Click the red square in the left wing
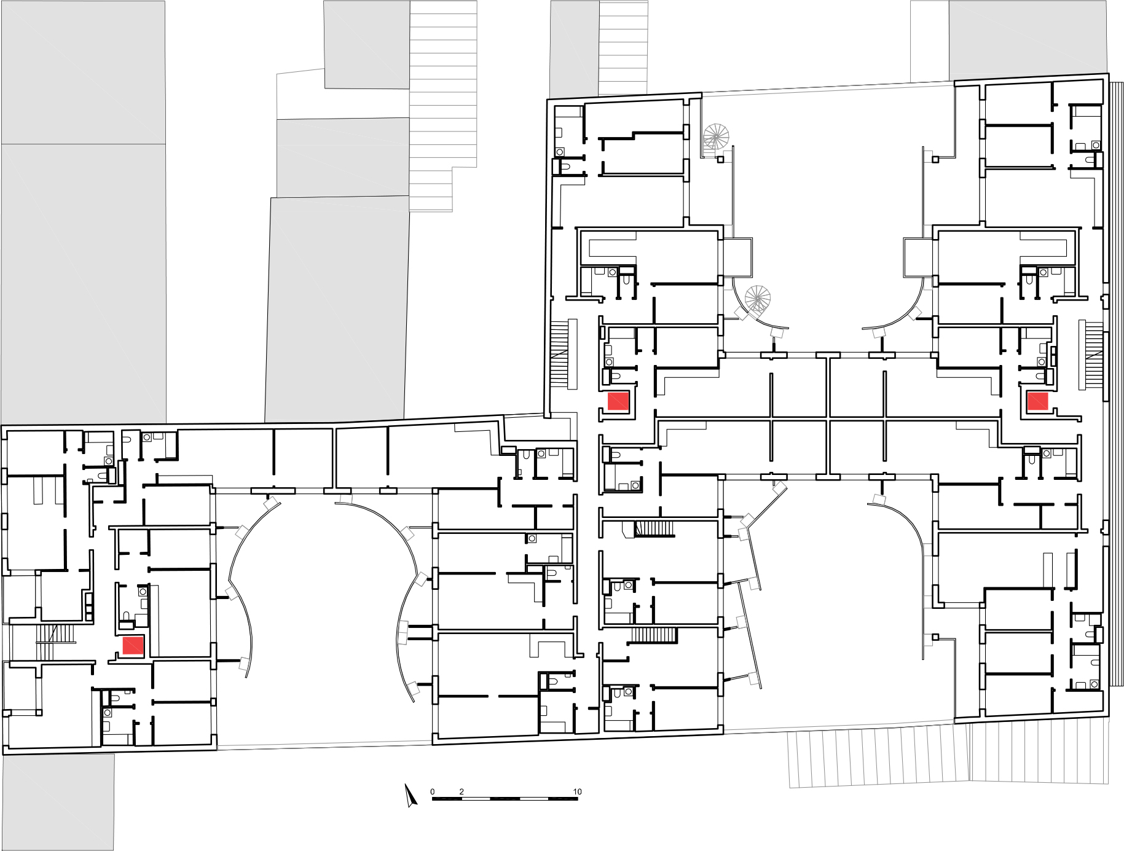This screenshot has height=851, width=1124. (133, 646)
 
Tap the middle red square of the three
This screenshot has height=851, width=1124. (618, 401)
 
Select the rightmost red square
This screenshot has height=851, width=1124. (1038, 401)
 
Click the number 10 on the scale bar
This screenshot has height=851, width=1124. (577, 791)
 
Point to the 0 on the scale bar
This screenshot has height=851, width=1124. (432, 791)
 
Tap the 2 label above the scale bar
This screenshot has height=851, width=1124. (462, 791)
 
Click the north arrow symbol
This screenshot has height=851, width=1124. (411, 795)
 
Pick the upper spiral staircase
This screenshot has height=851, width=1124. (716, 136)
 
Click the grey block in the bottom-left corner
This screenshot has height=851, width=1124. (58, 802)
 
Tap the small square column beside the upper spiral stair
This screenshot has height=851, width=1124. (721, 160)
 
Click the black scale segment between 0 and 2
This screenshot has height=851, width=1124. (447, 799)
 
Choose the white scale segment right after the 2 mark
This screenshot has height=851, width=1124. (476, 799)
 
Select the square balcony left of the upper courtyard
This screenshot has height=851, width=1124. (737, 257)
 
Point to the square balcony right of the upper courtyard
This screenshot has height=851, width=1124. (918, 257)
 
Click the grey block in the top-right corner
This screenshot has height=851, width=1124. (1028, 41)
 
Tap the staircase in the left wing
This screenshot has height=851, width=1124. (55, 641)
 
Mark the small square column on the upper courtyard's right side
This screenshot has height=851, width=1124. (935, 160)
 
